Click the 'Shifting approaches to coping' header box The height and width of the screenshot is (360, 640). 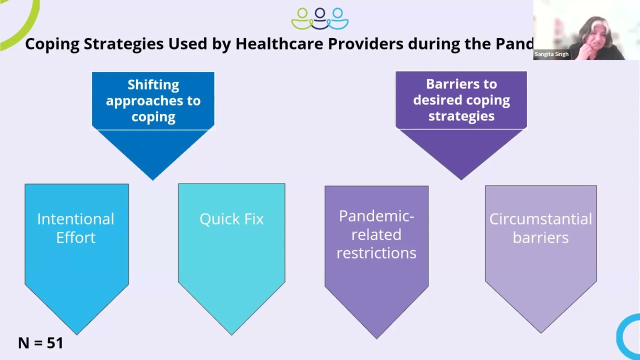tap(153, 100)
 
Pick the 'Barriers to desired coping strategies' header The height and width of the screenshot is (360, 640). tap(461, 100)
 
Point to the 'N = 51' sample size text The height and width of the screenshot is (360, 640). tap(40, 343)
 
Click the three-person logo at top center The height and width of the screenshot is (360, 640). tap(320, 18)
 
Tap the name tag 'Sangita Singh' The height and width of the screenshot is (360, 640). tap(551, 54)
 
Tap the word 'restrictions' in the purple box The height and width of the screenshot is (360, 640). tap(376, 253)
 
